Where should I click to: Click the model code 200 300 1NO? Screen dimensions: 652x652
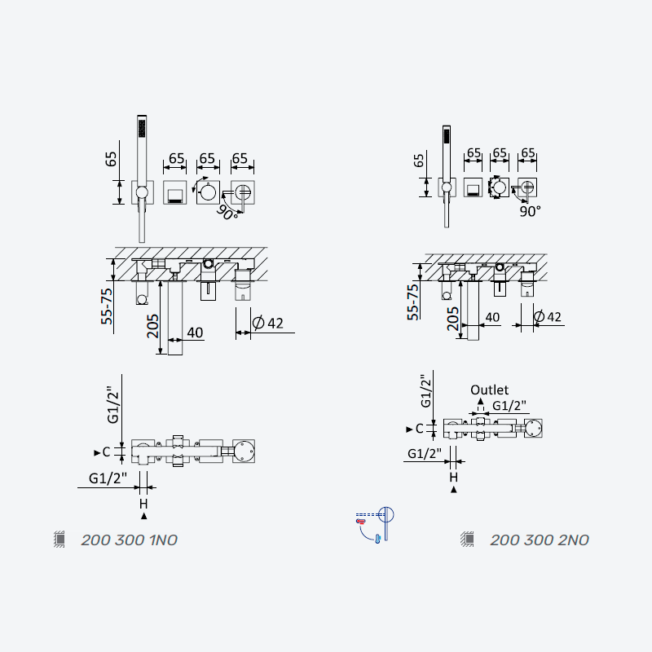point(130,540)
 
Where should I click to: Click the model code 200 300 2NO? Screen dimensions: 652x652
point(540,540)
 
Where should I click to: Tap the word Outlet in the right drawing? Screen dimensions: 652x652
point(489,390)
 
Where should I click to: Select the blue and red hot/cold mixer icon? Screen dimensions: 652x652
point(374,524)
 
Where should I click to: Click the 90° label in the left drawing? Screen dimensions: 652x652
point(227,213)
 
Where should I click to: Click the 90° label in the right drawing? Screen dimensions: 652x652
point(531,211)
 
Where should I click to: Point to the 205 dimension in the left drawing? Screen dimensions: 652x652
point(152,326)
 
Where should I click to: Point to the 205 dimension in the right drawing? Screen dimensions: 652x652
point(453,319)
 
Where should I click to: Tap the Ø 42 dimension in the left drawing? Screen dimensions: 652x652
point(268,323)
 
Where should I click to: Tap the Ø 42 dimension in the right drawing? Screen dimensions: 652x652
point(548,317)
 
